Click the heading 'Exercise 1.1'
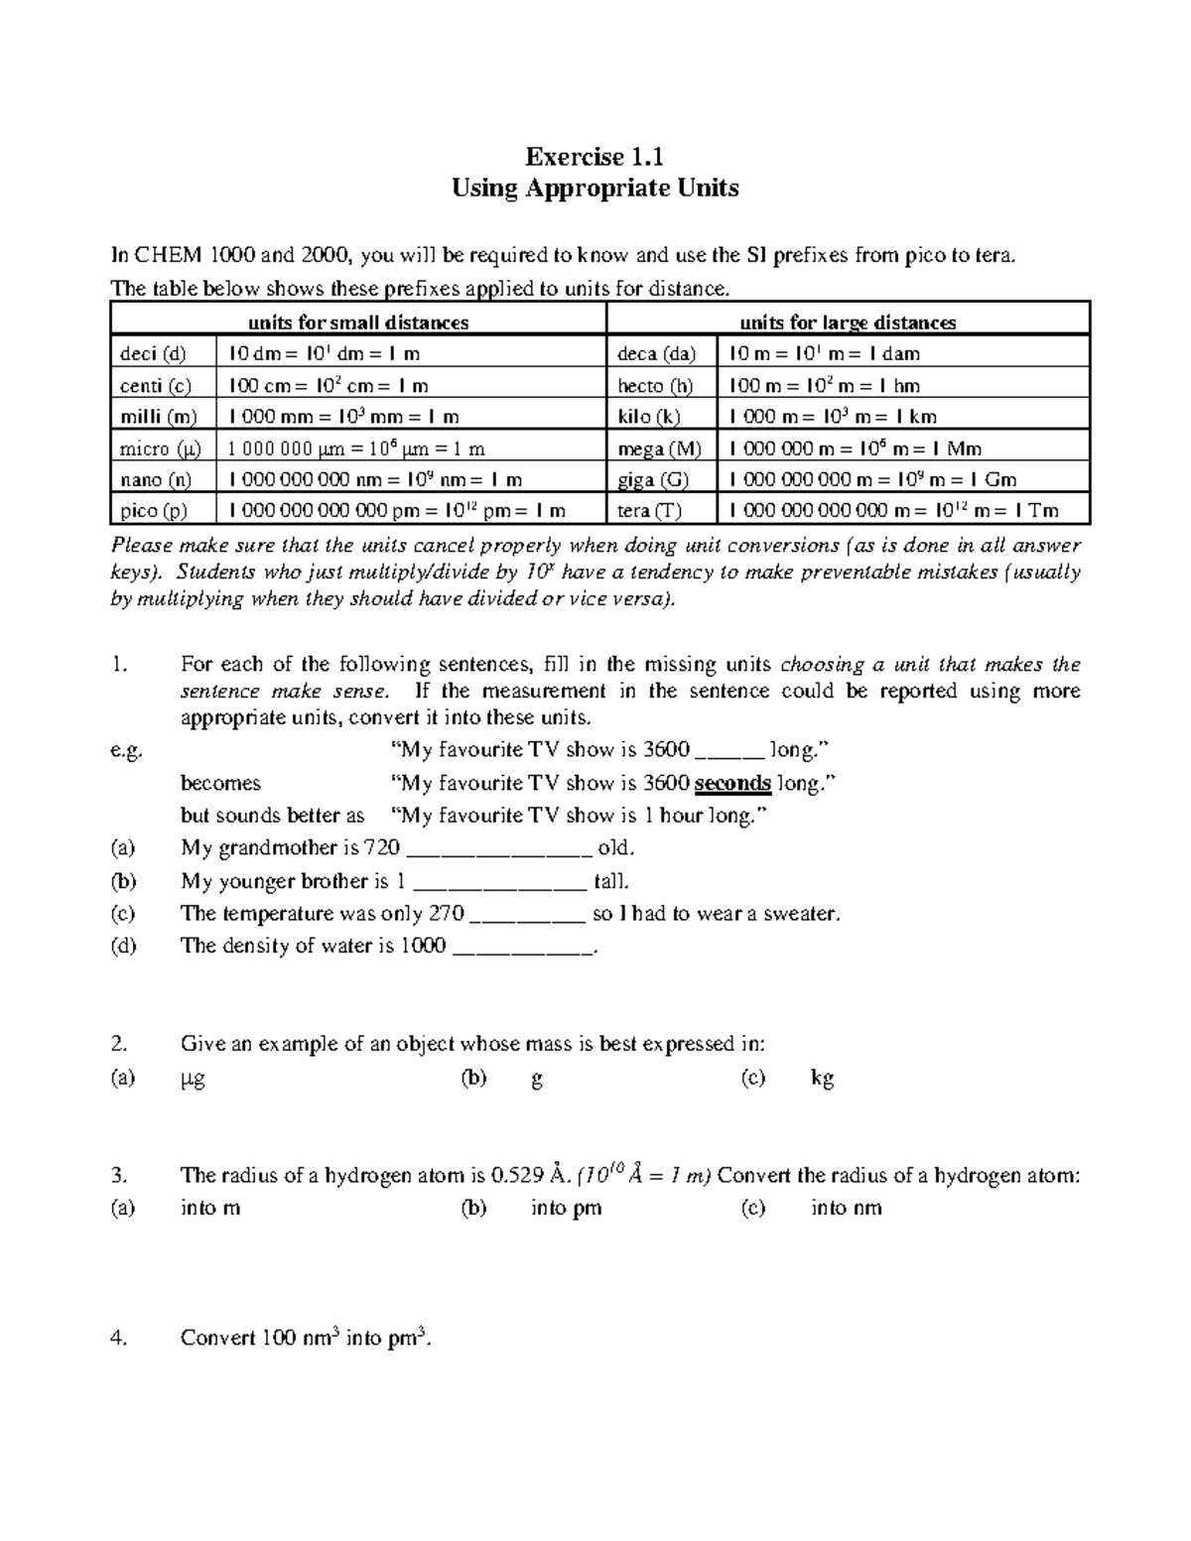(595, 156)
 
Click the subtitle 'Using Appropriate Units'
(595, 188)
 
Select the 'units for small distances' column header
(358, 321)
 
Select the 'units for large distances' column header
(848, 321)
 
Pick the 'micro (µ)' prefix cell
(160, 449)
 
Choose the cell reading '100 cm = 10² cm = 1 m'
(329, 385)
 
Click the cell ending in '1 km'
(833, 417)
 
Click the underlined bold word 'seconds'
(732, 783)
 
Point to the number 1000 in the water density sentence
(423, 946)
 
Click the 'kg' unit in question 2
(822, 1079)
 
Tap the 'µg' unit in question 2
(194, 1079)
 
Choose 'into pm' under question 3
(566, 1208)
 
